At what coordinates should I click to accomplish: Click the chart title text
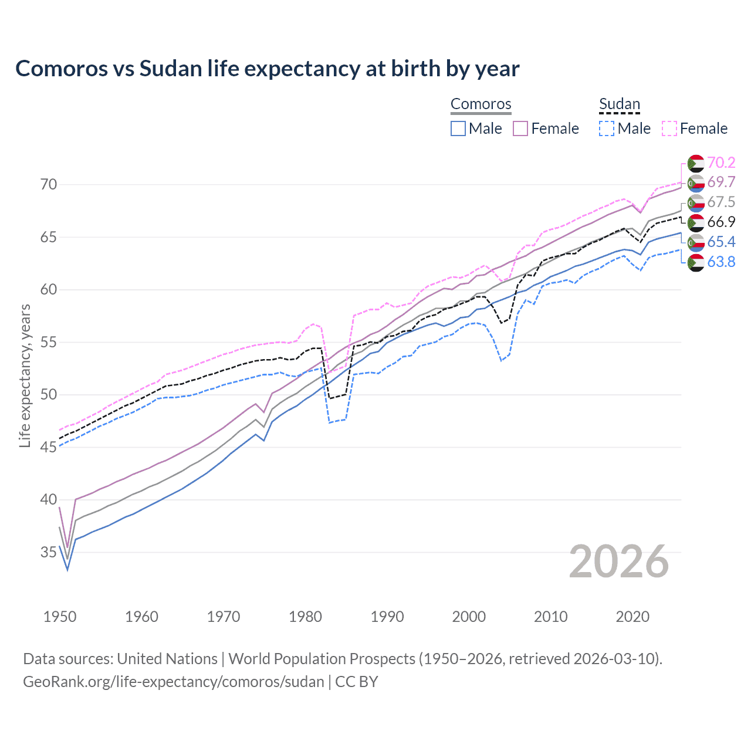[267, 69]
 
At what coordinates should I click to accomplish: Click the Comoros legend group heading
[481, 104]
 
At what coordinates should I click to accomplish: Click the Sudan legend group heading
[619, 104]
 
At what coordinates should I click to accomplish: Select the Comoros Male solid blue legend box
[458, 128]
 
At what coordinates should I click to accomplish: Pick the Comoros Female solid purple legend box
[520, 128]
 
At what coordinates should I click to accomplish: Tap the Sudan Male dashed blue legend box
[607, 128]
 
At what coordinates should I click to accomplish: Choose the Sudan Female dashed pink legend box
[669, 128]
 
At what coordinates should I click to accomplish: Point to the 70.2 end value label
[721, 163]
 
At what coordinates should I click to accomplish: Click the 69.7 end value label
[721, 182]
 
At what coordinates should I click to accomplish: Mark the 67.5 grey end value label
[721, 202]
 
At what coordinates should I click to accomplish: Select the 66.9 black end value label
[721, 222]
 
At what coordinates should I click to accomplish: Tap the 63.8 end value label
[721, 262]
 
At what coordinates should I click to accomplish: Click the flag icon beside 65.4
[696, 242]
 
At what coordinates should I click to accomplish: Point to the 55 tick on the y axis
[49, 342]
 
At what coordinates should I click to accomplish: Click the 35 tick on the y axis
[49, 552]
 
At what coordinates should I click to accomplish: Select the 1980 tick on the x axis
[305, 617]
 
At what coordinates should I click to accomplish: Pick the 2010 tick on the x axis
[550, 617]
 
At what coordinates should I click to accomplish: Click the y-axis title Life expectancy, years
[25, 375]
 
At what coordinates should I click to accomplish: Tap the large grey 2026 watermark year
[619, 561]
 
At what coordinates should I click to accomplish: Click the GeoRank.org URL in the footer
[174, 682]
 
